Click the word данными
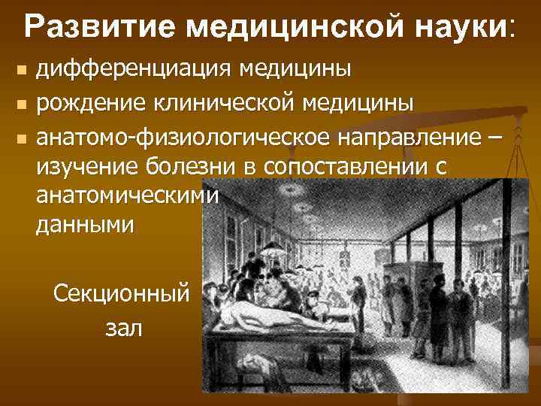(x=86, y=226)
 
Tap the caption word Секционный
(x=122, y=294)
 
